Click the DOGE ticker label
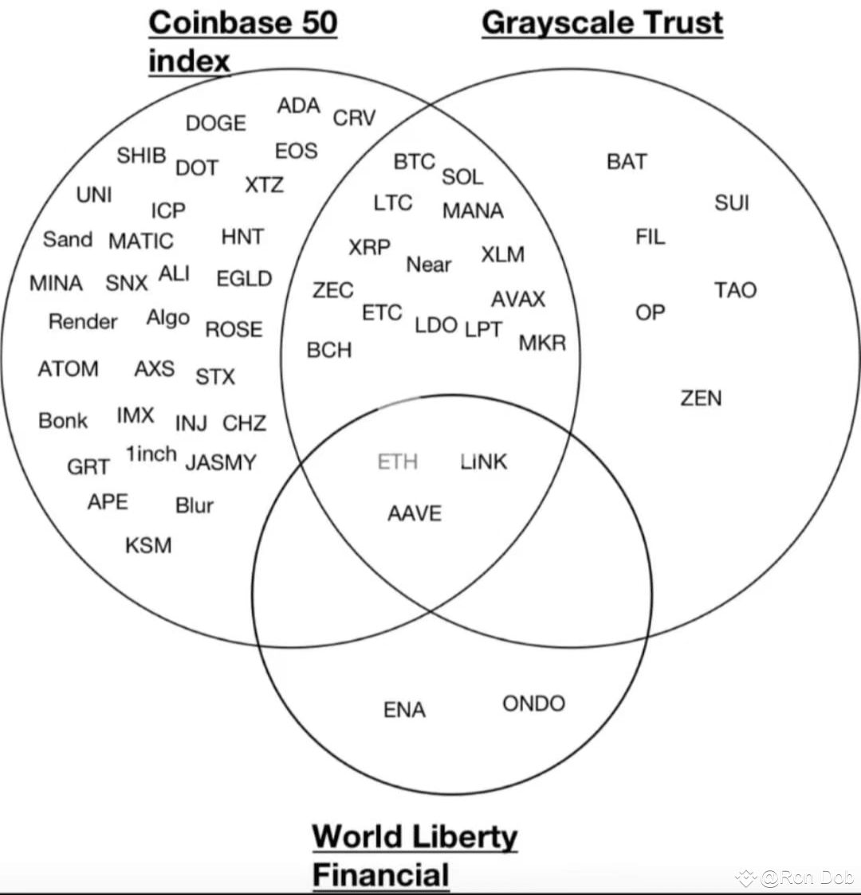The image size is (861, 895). point(216,123)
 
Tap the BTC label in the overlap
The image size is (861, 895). point(415,162)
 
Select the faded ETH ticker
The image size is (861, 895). point(398,461)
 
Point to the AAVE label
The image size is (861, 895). point(415,513)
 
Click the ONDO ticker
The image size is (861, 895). point(534,703)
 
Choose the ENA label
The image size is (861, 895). point(404,709)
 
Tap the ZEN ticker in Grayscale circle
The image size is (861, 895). point(701,398)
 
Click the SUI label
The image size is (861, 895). point(731,202)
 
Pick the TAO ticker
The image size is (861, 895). point(735,291)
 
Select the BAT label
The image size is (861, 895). point(627,162)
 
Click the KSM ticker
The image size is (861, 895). point(148,545)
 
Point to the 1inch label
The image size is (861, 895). point(151,453)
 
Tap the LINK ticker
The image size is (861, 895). point(484,461)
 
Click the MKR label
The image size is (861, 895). point(542,343)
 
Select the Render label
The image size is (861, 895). point(83,321)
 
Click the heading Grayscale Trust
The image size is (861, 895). point(603,23)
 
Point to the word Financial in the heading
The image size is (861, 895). point(381,874)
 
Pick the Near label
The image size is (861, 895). point(428,265)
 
